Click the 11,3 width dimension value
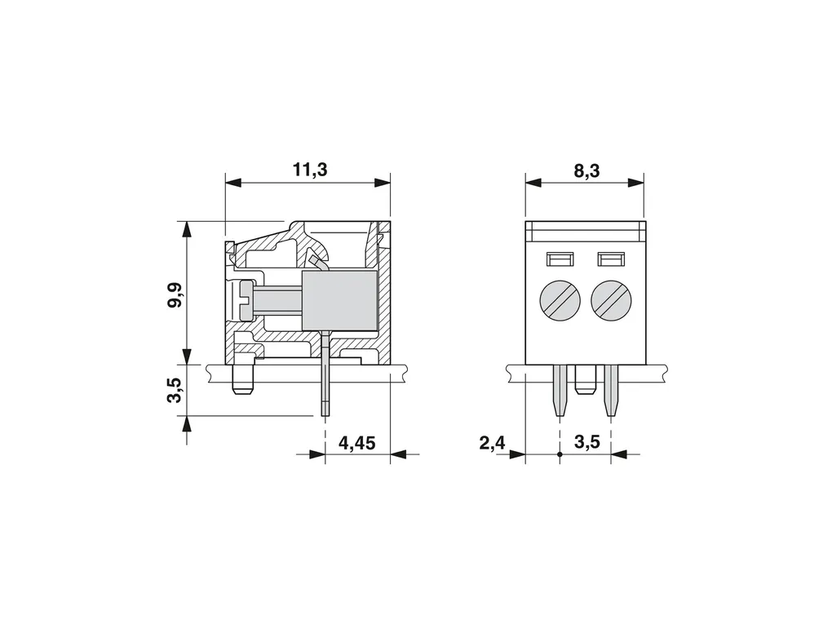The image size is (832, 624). (311, 170)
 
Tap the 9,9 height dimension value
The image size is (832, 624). (175, 294)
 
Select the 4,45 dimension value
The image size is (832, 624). (356, 443)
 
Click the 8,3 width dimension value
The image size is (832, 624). (586, 170)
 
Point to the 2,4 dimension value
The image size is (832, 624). (493, 443)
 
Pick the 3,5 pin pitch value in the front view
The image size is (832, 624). (587, 441)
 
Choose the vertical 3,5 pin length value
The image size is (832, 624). (175, 390)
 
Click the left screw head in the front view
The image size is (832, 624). (560, 301)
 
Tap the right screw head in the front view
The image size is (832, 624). (611, 301)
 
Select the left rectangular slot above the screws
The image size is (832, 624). (560, 259)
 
